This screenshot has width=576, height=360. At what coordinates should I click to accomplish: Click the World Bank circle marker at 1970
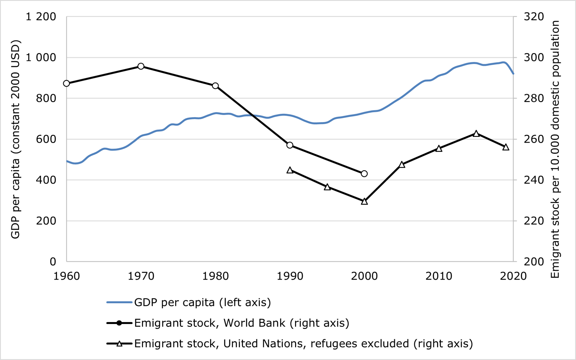141,66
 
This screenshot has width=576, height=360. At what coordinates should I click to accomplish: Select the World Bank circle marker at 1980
215,86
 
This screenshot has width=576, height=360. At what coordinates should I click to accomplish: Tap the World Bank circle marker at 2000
364,174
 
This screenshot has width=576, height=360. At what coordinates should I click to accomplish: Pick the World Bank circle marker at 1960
66,83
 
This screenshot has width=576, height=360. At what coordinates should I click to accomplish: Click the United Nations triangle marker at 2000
364,202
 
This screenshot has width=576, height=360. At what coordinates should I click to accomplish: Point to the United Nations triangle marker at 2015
476,134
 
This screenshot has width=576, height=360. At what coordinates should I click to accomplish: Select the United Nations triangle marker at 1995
327,187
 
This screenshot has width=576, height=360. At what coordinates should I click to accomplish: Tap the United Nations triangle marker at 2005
402,165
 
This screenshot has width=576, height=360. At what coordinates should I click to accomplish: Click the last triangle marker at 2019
506,147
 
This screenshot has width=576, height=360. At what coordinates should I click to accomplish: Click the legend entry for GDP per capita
202,303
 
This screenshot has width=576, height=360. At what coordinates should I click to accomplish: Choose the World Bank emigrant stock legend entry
241,323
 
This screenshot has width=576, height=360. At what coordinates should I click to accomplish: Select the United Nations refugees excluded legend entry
303,344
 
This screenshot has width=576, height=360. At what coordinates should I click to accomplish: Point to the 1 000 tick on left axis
41,57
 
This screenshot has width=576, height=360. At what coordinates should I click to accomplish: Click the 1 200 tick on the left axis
41,17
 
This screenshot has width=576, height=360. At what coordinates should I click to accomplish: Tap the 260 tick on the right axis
534,139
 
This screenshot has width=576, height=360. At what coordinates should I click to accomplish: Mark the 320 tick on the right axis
534,17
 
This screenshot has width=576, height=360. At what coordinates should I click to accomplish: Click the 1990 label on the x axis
290,276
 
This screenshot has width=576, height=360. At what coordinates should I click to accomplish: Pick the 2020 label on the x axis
513,276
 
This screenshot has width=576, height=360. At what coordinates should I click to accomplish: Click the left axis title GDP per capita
15,139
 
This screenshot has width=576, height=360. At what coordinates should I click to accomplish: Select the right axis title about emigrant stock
555,149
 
